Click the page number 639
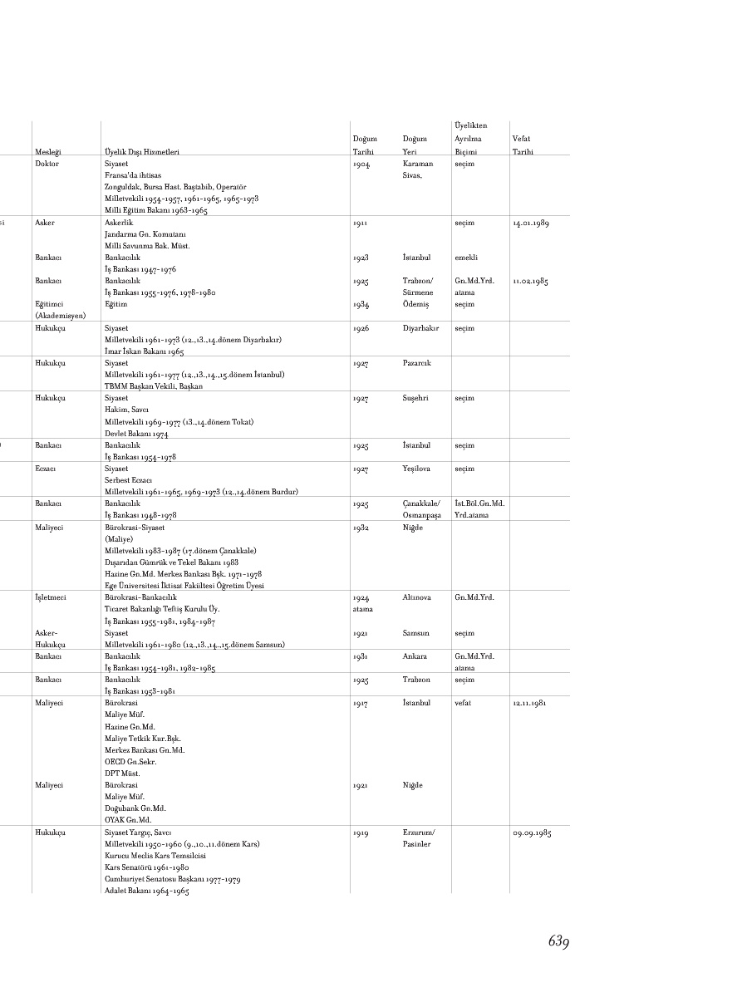pos(558,941)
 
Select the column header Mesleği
pos(48,152)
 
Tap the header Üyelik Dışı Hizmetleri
pos(142,152)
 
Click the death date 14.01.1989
pos(530,223)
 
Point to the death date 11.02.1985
pos(530,281)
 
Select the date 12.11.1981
pos(530,703)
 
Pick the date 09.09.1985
pos(530,832)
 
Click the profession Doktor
pos(47,164)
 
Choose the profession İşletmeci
pos(50,597)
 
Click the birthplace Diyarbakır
pos(420,328)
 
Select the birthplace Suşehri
pos(415,398)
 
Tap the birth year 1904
pos(361,164)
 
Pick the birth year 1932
pos(361,527)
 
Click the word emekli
pos(465,258)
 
